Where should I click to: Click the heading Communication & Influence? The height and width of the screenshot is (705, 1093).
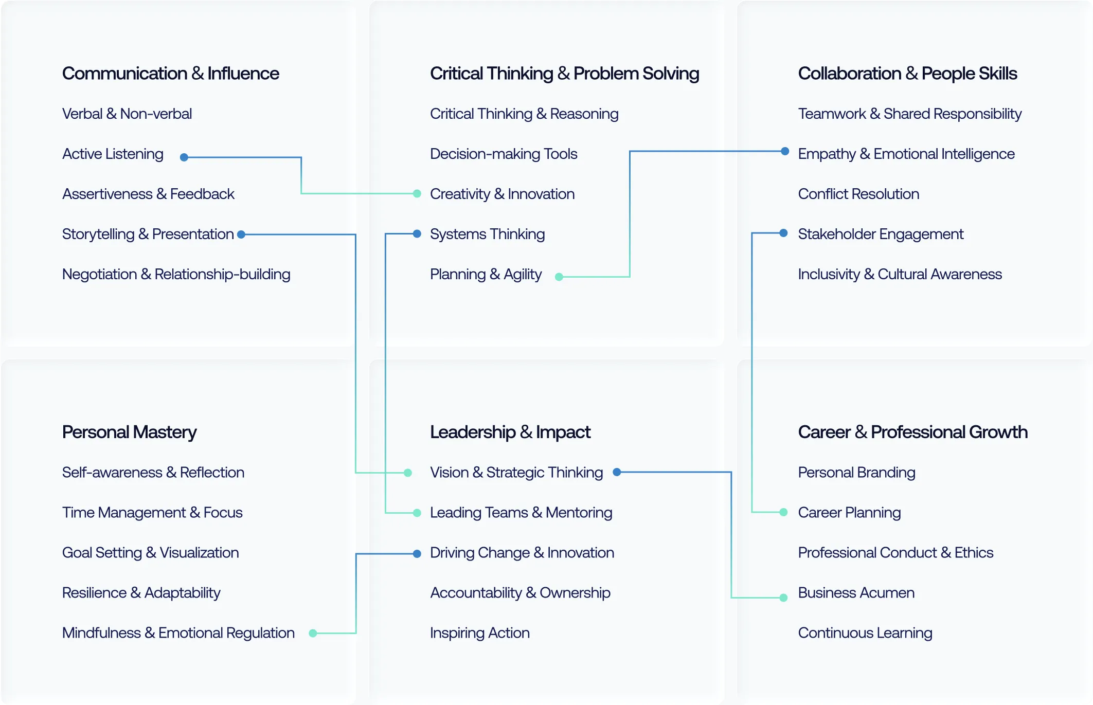click(x=170, y=74)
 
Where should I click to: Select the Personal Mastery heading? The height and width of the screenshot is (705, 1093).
click(x=129, y=432)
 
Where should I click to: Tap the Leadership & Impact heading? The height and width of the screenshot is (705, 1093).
click(x=510, y=432)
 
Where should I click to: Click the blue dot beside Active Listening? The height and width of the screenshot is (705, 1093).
click(x=184, y=157)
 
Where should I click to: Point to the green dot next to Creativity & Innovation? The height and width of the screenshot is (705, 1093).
click(x=417, y=194)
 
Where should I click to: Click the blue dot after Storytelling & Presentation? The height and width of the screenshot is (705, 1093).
click(x=241, y=234)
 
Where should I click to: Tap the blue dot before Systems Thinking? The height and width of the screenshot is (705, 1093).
click(x=417, y=234)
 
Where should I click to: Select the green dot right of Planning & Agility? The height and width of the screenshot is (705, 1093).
click(x=559, y=277)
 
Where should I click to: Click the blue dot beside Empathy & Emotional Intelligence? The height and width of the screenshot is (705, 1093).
click(x=785, y=151)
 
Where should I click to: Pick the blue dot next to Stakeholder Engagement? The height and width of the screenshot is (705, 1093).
click(x=783, y=233)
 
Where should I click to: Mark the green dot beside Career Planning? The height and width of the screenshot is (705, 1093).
click(x=783, y=512)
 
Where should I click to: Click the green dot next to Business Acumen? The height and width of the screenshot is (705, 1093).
click(x=783, y=598)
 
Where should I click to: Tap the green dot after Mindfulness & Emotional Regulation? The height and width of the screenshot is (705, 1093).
click(x=313, y=634)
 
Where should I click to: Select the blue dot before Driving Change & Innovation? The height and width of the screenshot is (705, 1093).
click(x=417, y=554)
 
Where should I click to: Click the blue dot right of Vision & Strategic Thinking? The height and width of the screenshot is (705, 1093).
click(x=617, y=472)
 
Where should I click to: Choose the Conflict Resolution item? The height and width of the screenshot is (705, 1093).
click(x=858, y=194)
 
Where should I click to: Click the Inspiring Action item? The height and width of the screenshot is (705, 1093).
click(x=479, y=633)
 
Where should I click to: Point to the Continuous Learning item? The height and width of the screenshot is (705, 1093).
click(x=865, y=633)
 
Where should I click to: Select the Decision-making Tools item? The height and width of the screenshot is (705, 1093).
click(x=503, y=154)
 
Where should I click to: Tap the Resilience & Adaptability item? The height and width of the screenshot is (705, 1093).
click(x=141, y=593)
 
